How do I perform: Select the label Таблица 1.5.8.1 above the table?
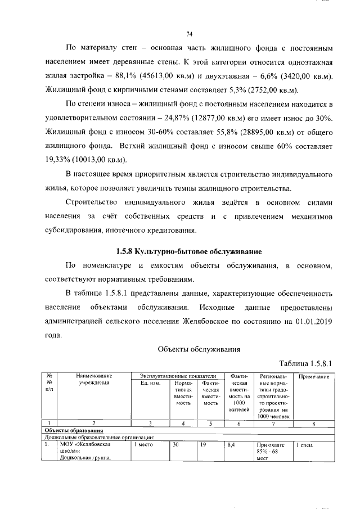click(x=303, y=364)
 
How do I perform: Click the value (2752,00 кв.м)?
click(x=271, y=90)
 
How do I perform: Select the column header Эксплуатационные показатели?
click(x=177, y=376)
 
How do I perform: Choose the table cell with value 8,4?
click(x=230, y=444)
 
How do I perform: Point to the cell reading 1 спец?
click(x=307, y=444)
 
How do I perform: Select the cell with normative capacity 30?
click(x=175, y=444)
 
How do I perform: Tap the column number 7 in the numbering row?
click(x=273, y=424)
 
